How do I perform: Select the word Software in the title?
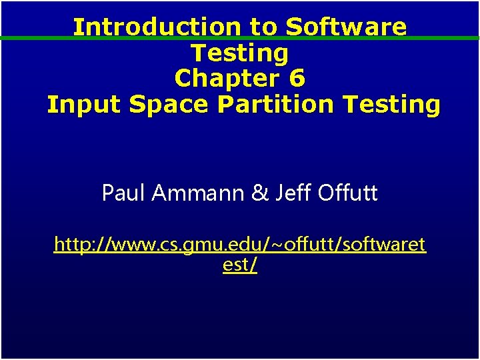click(346, 27)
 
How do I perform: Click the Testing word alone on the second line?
click(240, 53)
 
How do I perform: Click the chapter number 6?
click(297, 79)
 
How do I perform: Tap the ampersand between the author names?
click(258, 193)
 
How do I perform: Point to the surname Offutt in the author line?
click(347, 193)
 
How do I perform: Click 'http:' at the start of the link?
click(73, 245)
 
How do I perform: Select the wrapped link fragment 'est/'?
click(240, 265)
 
